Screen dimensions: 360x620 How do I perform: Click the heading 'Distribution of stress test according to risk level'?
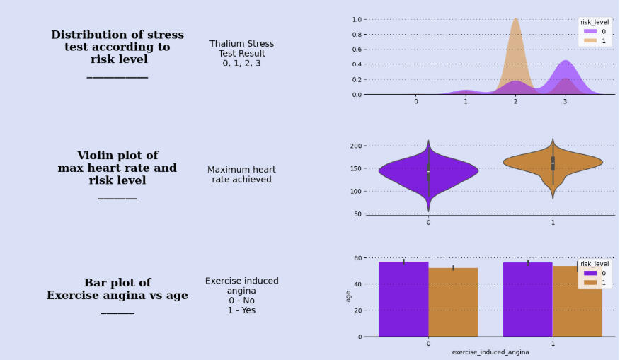point(117,47)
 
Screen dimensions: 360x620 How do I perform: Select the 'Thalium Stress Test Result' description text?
point(241,53)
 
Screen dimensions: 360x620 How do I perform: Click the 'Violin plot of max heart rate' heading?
point(117,168)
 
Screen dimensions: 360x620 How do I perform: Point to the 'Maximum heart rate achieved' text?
point(241,174)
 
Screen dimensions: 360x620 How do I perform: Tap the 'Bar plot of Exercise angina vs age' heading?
point(117,289)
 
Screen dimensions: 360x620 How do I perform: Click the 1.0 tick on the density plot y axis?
point(357,19)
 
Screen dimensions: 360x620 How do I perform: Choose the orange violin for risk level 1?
point(553,162)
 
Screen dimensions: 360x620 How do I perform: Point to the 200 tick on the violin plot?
point(356,146)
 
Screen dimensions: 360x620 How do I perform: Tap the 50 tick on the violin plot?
point(357,214)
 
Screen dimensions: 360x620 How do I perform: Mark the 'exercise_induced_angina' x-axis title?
point(490,352)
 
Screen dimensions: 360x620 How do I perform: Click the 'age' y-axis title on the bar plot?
point(348,296)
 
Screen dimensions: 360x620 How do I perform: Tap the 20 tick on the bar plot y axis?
point(358,310)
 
